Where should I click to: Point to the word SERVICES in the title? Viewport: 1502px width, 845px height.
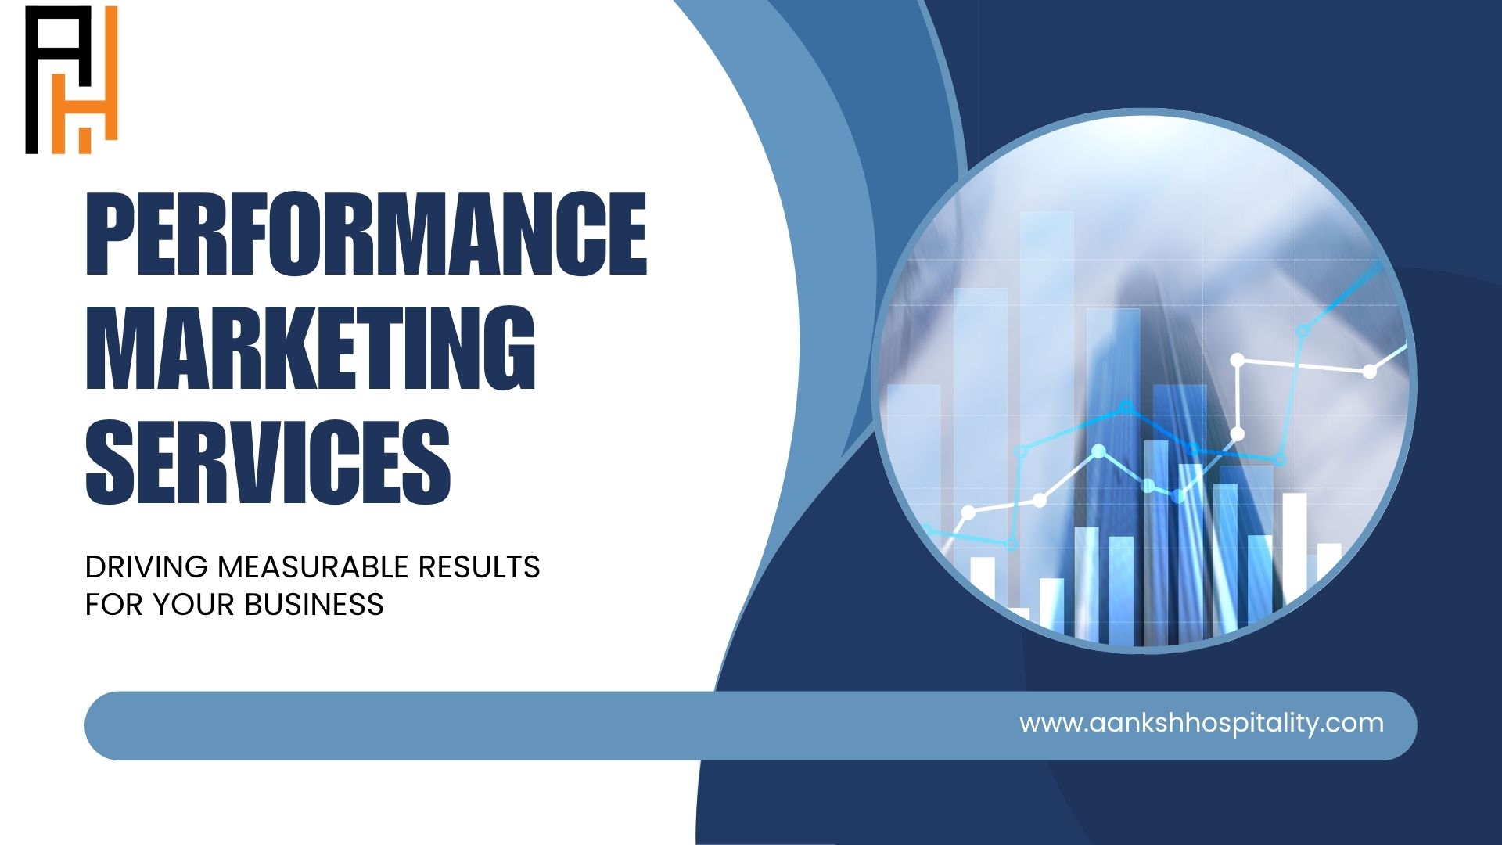click(268, 461)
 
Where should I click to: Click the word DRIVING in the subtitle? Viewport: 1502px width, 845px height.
click(146, 566)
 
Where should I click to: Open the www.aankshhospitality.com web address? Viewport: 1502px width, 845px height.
click(1202, 723)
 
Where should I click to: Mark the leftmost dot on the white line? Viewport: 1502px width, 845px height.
click(968, 512)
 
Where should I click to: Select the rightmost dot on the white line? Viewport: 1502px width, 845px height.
click(1370, 372)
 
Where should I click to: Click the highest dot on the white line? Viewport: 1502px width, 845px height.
click(1238, 360)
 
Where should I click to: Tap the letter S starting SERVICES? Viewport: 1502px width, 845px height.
click(110, 461)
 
